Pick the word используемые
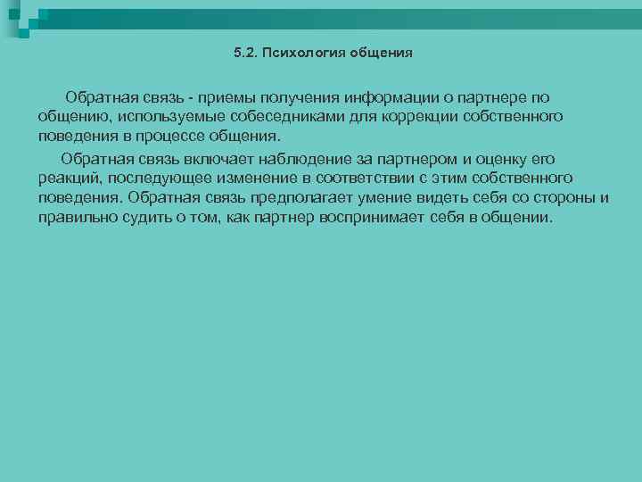162,117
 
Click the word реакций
69,179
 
